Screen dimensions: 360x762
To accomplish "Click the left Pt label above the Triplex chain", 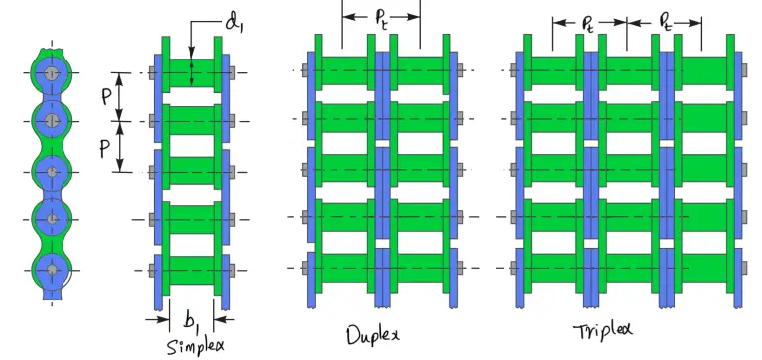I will [589, 20].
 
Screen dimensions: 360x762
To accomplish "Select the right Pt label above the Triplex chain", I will [666, 20].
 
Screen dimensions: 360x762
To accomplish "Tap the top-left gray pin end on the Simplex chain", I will [149, 72].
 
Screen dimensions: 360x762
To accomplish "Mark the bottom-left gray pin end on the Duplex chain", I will [304, 268].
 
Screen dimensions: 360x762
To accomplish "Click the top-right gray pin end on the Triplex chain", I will [745, 70].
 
